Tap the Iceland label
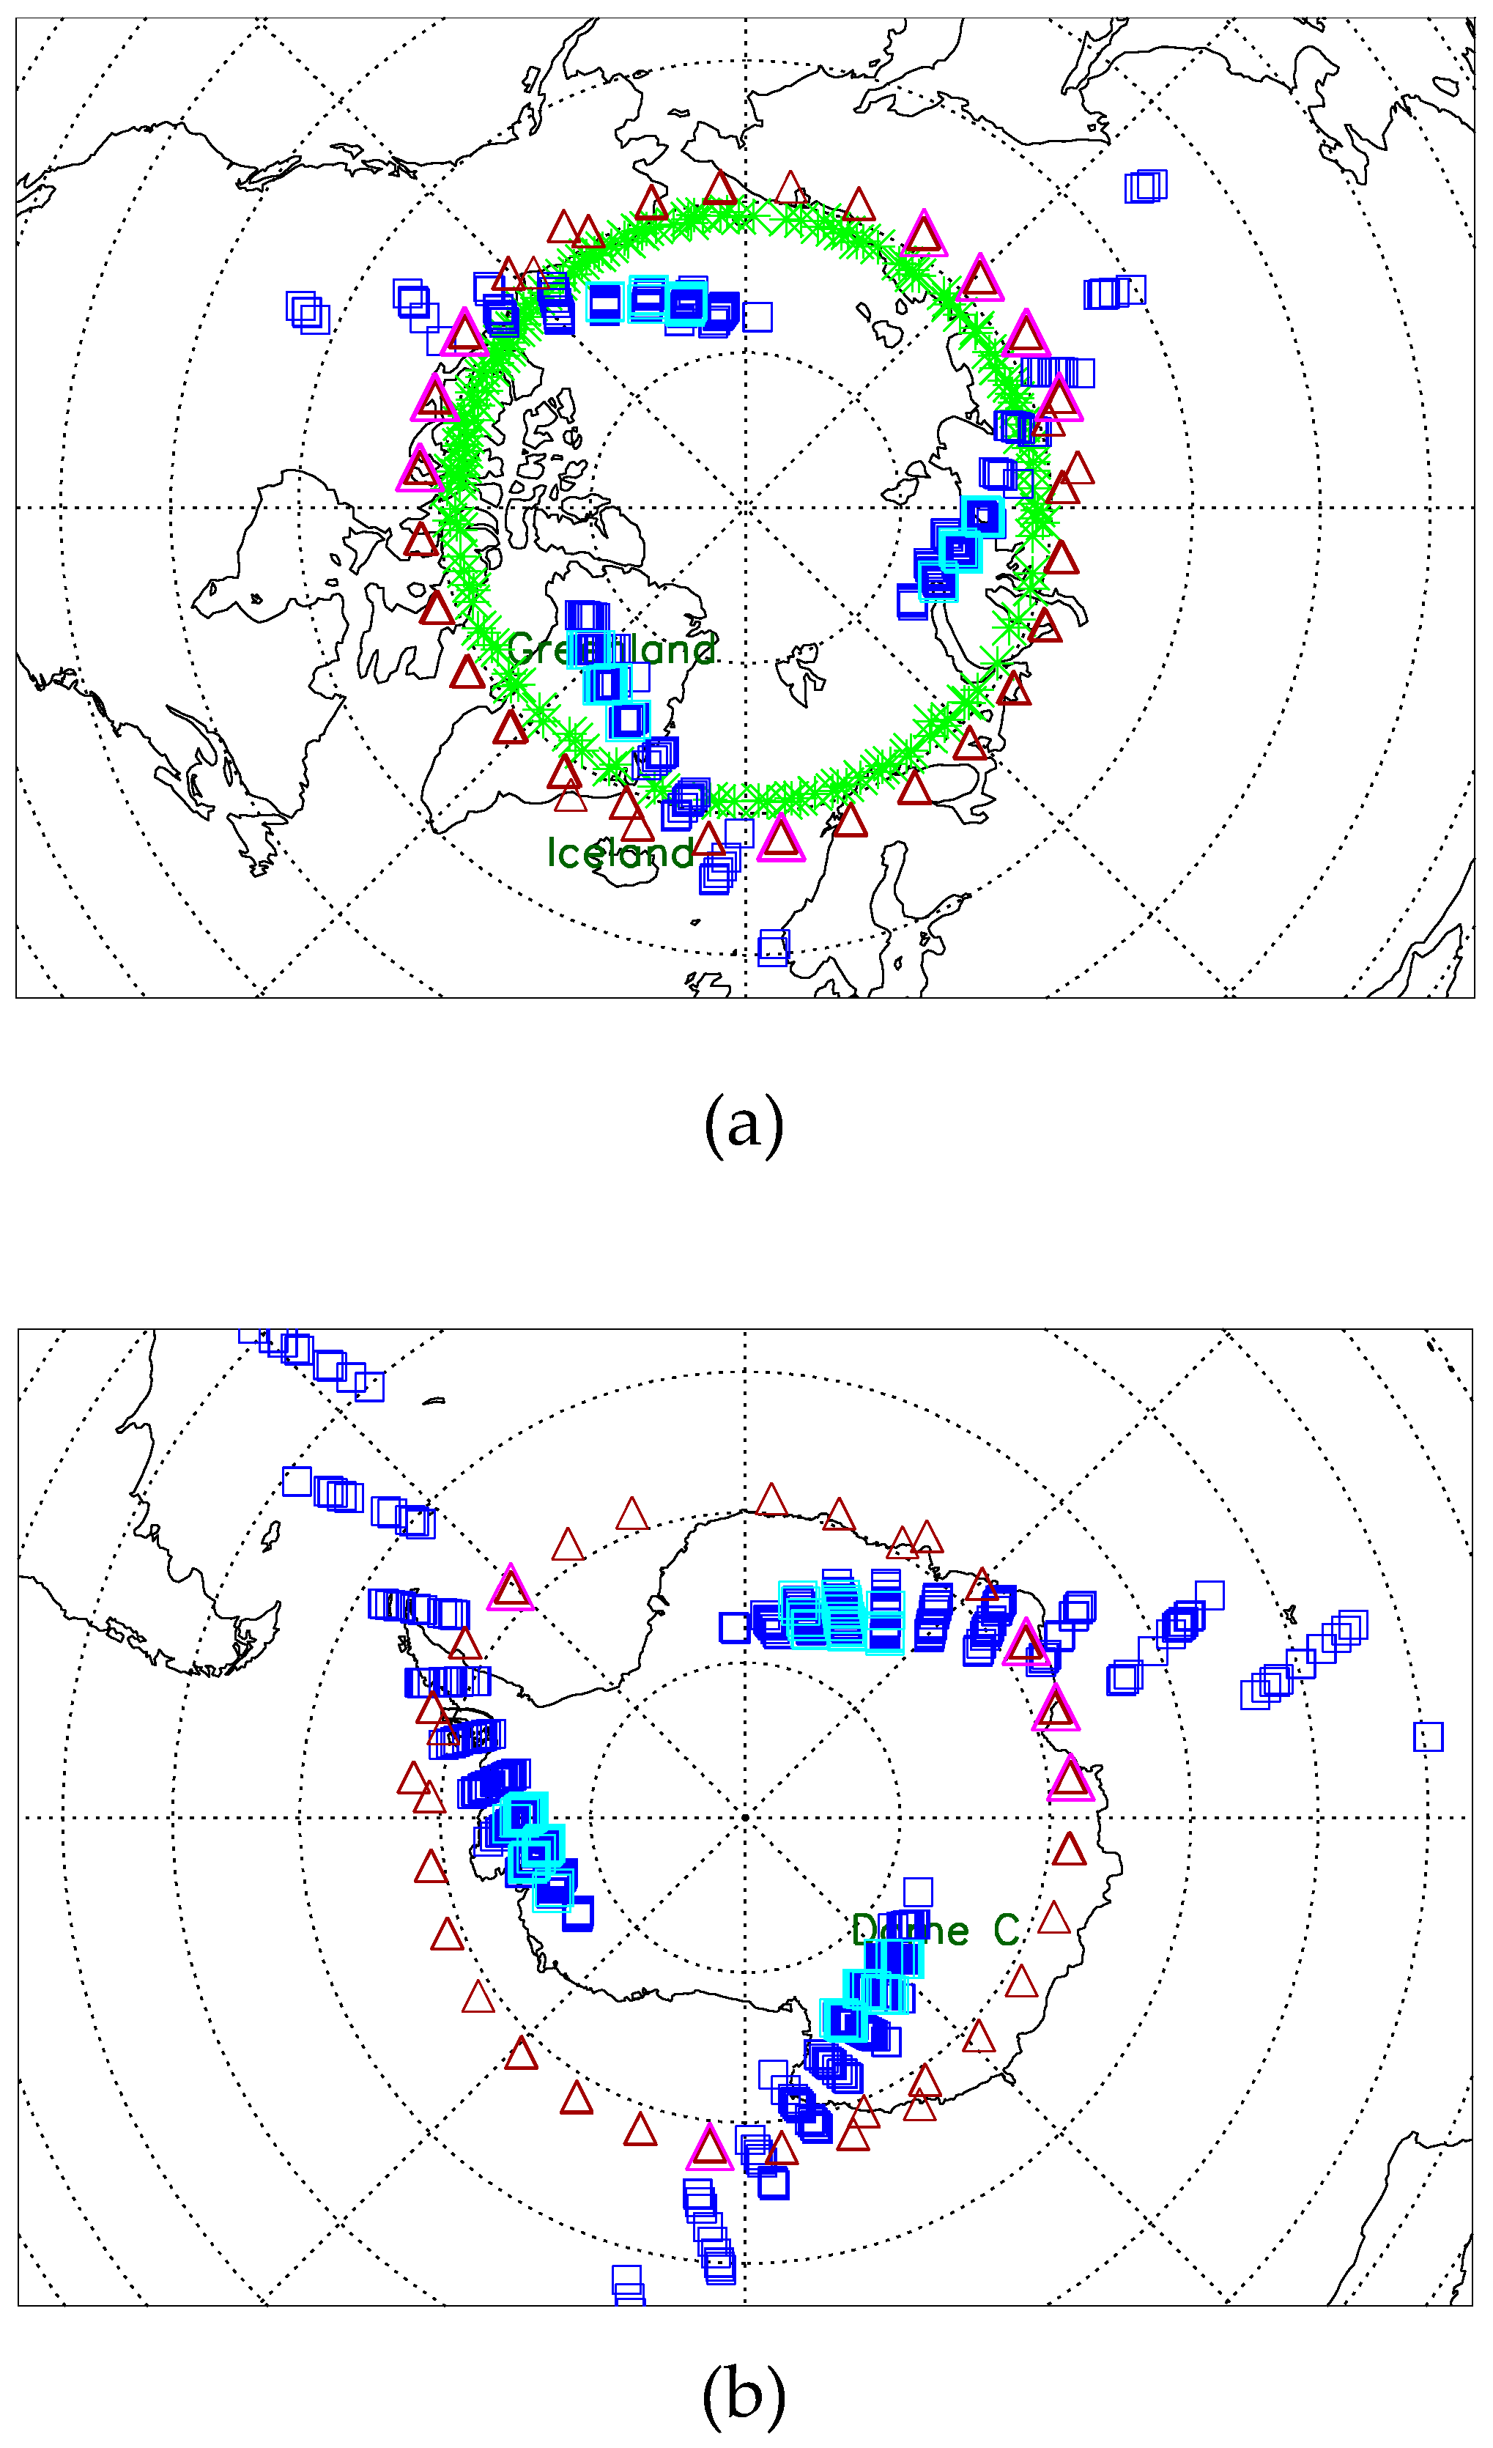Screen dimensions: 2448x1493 619,852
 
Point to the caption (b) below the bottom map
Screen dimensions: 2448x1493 744,2395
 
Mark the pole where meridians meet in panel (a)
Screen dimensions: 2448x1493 745,508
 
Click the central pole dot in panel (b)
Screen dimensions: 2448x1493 745,1817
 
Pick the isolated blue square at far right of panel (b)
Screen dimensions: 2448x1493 1429,1737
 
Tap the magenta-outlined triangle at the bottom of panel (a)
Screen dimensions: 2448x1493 781,837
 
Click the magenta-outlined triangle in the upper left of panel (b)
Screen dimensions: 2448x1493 511,1588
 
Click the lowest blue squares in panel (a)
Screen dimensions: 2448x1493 774,948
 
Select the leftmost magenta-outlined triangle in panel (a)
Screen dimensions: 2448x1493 419,469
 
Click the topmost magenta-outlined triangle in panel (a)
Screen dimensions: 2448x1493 924,234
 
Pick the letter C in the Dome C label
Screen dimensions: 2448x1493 1007,1931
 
